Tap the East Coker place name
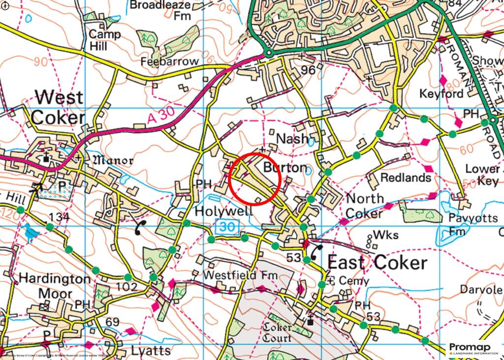[x=377, y=263]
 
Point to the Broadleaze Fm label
[x=160, y=10]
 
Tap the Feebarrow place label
[x=169, y=62]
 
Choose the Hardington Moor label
[x=54, y=286]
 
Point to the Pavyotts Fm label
[x=458, y=224]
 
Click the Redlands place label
[x=406, y=178]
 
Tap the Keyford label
[x=441, y=93]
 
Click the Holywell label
[x=224, y=211]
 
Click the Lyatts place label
[x=151, y=351]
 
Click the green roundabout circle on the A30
[x=269, y=53]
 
